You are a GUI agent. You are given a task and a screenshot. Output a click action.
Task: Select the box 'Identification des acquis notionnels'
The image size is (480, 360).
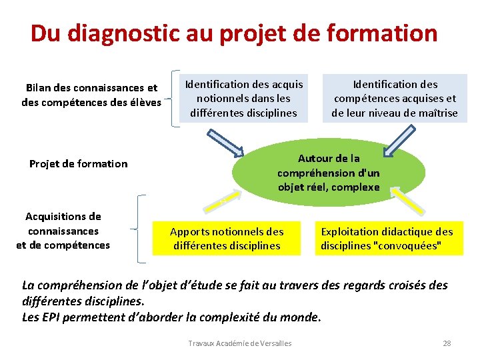(244, 99)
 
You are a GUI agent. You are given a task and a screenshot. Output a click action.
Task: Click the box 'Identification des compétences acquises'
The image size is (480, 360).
(395, 99)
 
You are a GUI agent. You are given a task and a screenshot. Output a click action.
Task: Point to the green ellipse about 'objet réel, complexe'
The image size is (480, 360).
(328, 173)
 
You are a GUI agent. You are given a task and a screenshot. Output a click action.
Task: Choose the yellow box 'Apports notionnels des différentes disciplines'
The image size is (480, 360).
(227, 238)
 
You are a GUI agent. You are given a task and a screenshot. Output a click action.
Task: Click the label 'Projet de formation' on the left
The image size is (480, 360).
(78, 164)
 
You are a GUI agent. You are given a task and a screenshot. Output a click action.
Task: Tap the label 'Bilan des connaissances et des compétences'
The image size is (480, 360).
(91, 95)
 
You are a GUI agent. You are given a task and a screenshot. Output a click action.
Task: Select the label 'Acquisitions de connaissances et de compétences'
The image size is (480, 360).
(63, 231)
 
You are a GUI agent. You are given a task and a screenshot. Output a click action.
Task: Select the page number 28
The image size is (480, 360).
(447, 343)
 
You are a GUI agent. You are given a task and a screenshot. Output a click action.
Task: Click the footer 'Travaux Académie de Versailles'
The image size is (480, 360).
(240, 343)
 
